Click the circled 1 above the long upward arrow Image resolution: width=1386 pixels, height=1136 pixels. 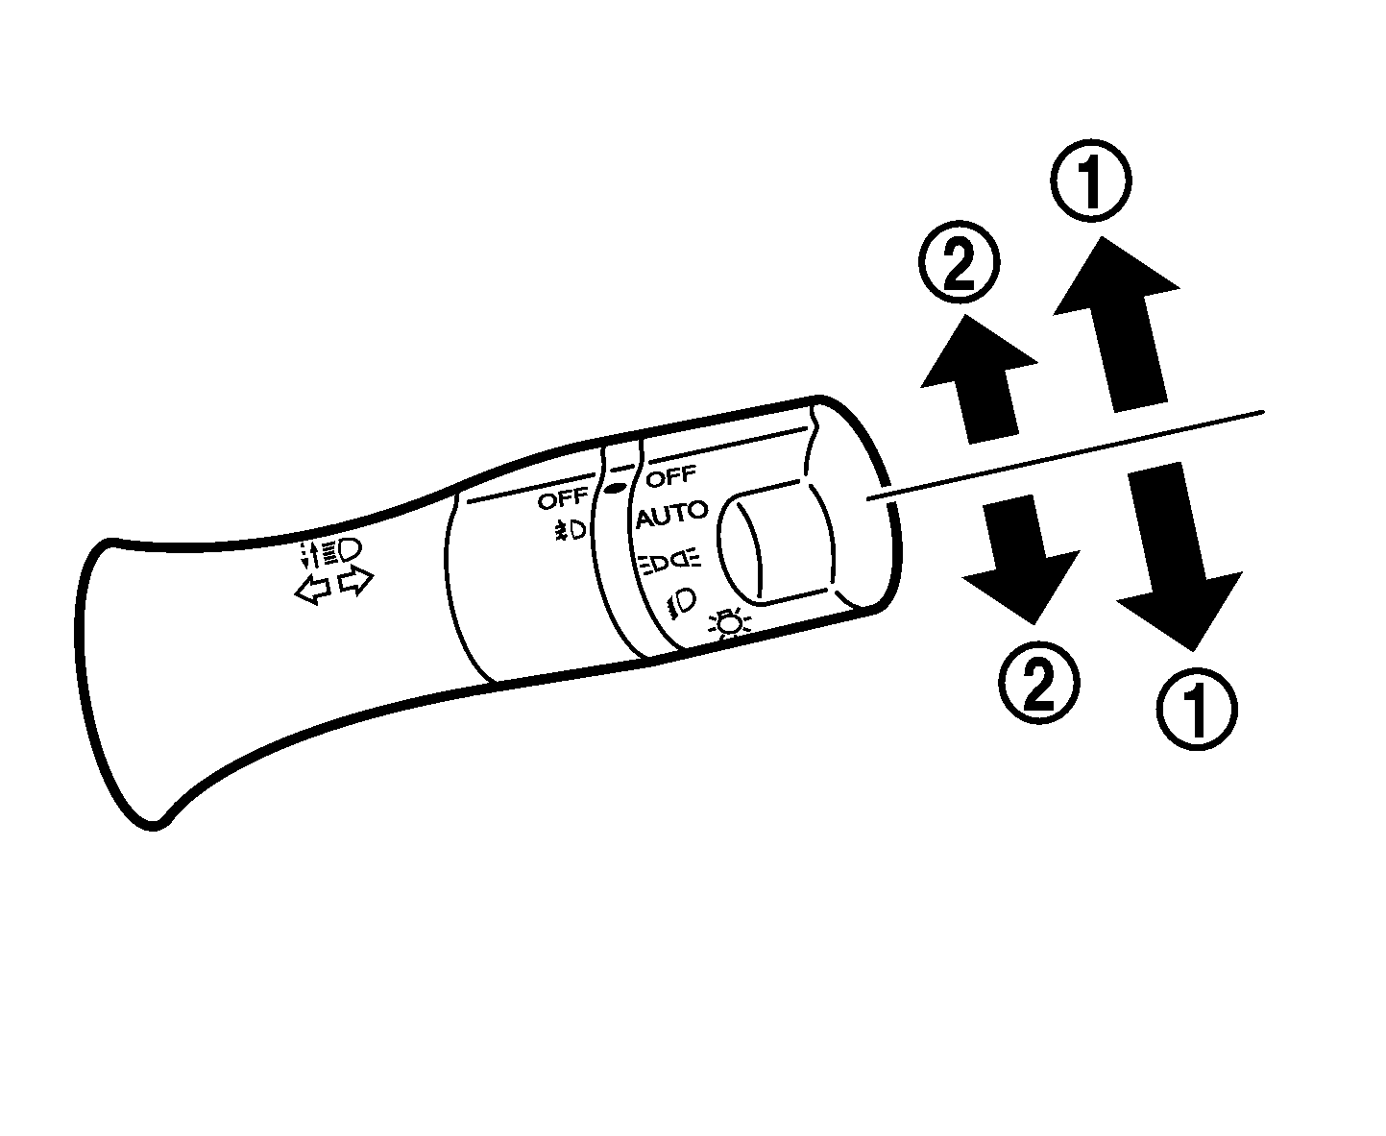[1091, 180]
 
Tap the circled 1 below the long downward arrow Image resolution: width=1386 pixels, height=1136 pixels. [1197, 710]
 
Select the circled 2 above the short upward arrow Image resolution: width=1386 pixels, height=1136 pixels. [959, 261]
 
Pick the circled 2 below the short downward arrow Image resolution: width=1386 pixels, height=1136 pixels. [1039, 684]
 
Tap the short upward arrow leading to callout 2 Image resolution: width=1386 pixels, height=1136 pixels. [980, 379]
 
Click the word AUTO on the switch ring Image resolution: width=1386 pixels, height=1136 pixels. [671, 515]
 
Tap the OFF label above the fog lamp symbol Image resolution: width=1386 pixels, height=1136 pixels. [562, 499]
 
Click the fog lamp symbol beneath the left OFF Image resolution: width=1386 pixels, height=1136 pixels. [570, 530]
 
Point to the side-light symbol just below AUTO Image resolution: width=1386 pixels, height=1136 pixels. [669, 561]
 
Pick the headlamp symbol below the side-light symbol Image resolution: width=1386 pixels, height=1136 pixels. [681, 601]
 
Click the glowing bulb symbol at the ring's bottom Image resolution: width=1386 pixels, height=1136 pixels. [729, 623]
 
